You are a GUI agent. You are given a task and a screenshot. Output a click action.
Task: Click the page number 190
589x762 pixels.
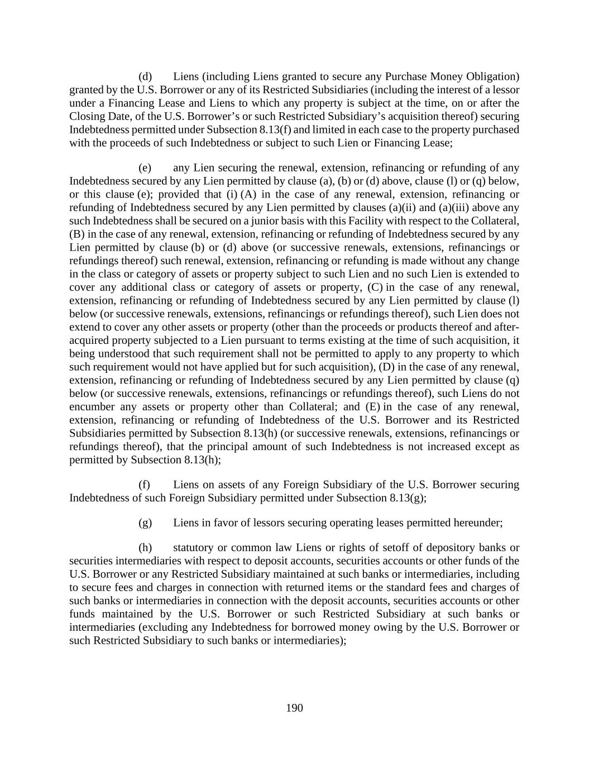click(x=294, y=708)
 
